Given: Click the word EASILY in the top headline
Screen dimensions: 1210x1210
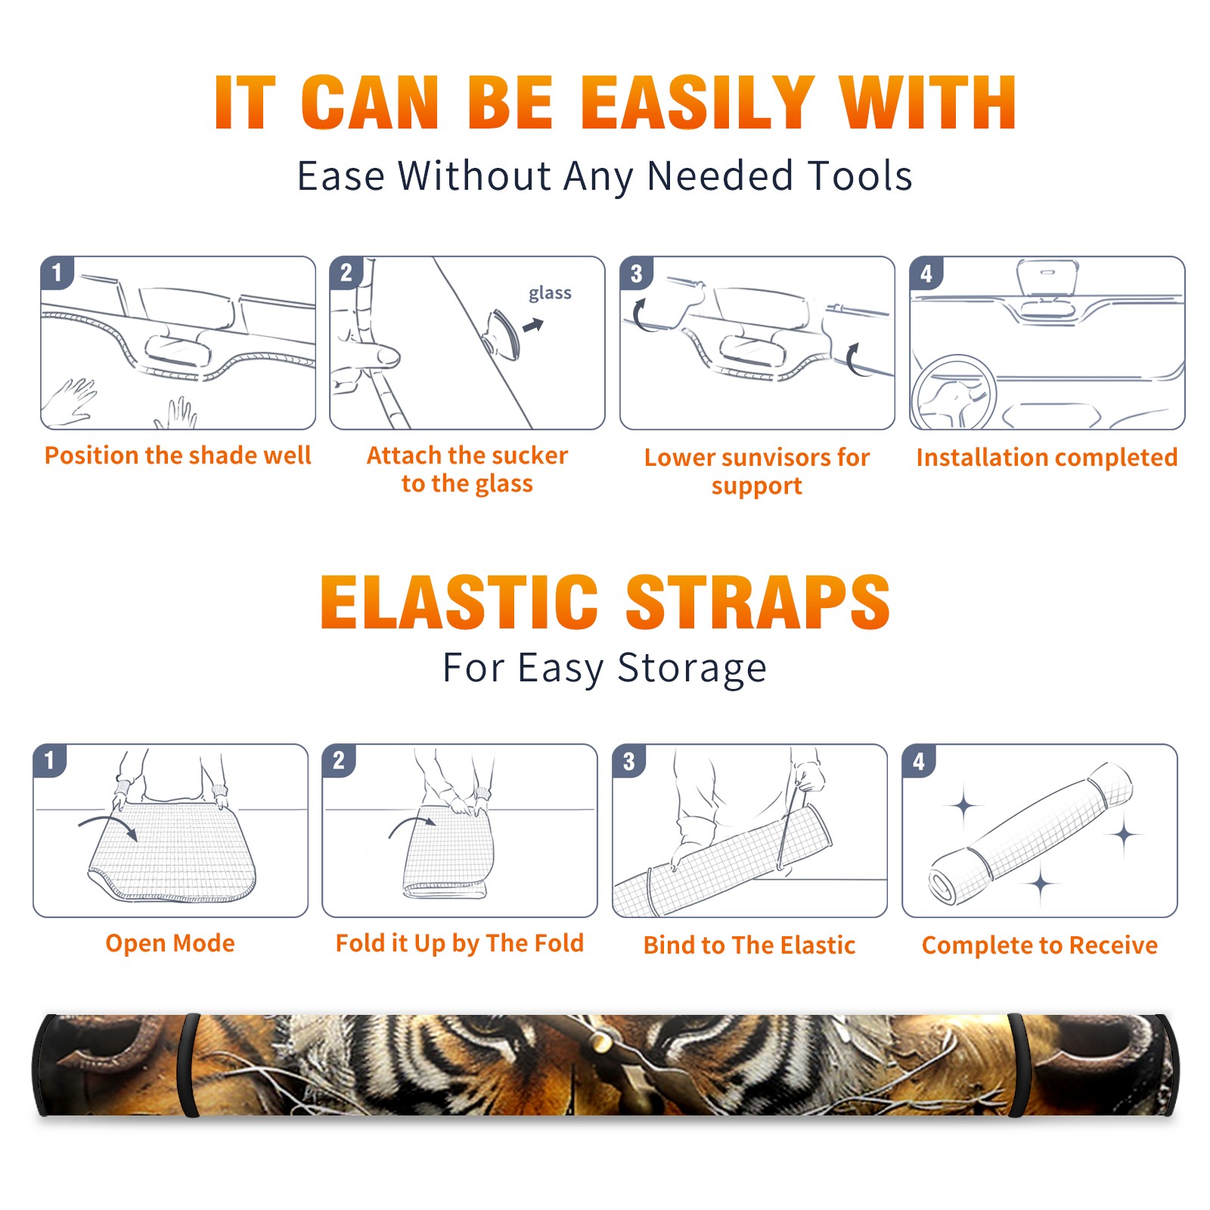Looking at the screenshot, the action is pos(697,104).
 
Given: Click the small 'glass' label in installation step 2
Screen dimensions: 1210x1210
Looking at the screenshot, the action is pos(550,293).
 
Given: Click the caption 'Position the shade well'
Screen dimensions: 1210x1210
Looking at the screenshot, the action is pos(178,455).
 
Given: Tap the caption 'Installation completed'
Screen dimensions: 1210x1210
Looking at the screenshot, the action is pos(1047,457).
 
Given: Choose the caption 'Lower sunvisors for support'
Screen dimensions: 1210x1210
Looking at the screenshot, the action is pos(756,471).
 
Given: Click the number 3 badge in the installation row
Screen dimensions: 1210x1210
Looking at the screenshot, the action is pos(636,273).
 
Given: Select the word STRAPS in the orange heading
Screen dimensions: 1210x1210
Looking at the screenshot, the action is pos(758,602).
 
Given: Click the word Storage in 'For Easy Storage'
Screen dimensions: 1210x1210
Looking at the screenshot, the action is pos(692,669).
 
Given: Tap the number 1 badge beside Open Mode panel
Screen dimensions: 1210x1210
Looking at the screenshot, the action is pos(50,760).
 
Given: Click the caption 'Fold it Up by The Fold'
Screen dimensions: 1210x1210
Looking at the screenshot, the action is pos(460,943).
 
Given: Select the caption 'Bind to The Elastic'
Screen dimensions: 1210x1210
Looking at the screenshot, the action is pos(749,945).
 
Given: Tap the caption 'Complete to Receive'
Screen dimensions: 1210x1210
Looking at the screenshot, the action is pos(1040,945).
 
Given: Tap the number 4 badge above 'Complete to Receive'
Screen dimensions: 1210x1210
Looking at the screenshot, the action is pos(919,761).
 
